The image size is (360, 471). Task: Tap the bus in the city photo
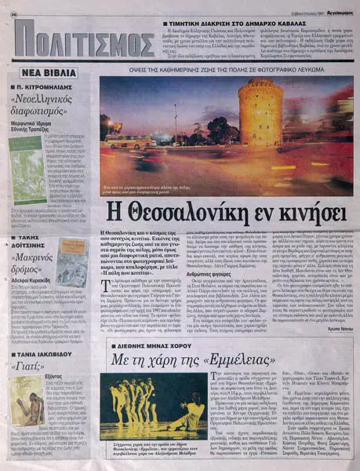coord(134,143)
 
